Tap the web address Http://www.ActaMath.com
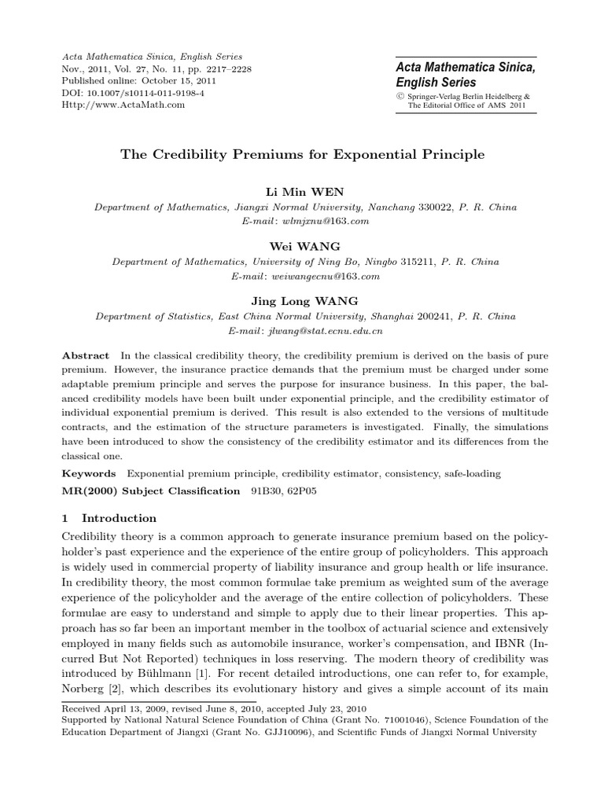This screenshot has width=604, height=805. click(x=123, y=105)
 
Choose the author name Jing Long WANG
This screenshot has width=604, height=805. click(x=302, y=300)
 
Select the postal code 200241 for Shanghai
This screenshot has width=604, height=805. click(x=418, y=317)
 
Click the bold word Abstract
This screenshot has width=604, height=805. click(x=86, y=356)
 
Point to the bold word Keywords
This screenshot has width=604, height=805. click(x=89, y=474)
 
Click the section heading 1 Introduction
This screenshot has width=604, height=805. click(x=109, y=518)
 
